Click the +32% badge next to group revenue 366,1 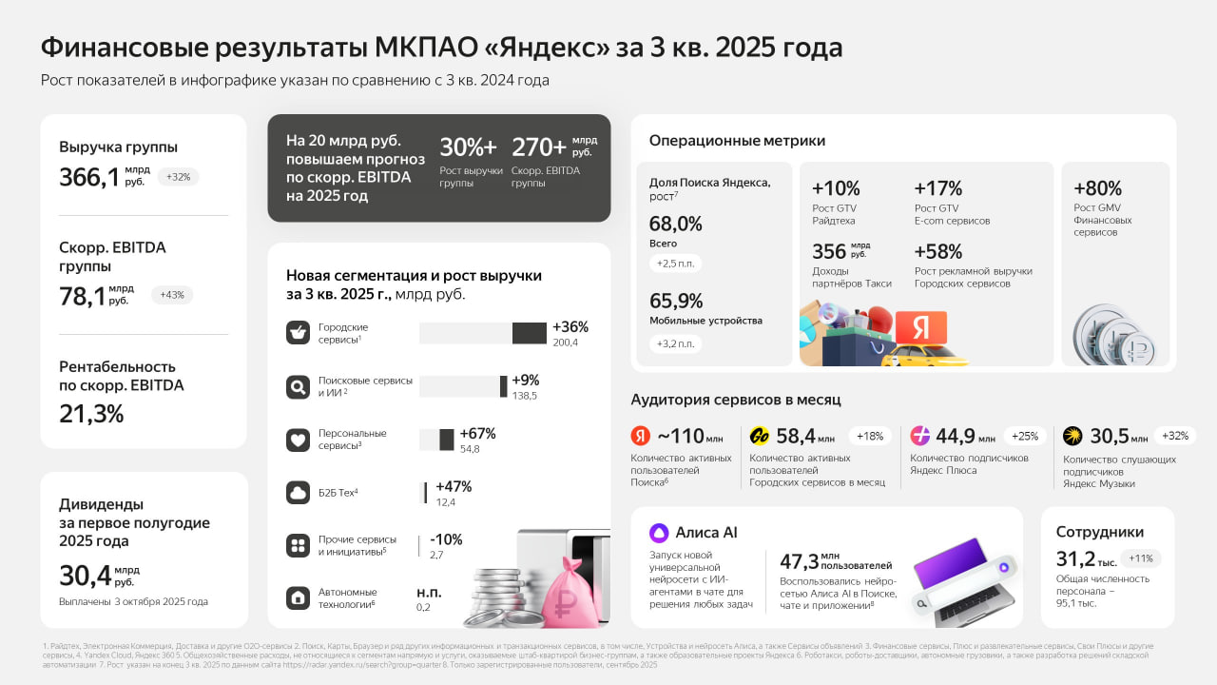178,176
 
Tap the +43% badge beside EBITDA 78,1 172,295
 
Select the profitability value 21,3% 91,414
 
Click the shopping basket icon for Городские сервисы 299,333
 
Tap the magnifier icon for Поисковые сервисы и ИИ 299,387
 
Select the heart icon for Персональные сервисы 299,440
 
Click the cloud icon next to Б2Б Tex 299,493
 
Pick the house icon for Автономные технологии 299,597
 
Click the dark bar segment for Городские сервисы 530,333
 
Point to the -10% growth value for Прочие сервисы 446,539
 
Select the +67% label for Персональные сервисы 477,434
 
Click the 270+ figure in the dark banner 539,147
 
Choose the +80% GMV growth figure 1098,188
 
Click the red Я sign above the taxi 920,326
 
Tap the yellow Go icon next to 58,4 760,436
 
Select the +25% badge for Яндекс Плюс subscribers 1025,436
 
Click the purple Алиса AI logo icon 659,533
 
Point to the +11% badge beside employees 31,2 1141,558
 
